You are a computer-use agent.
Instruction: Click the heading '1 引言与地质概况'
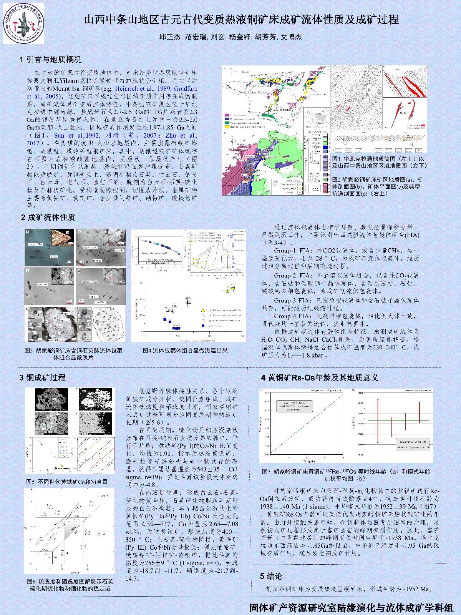tap(50, 60)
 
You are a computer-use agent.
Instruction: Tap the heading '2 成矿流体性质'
tap(48, 218)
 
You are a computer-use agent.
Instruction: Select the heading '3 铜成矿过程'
tap(43, 377)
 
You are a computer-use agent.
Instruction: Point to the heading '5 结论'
tap(271, 576)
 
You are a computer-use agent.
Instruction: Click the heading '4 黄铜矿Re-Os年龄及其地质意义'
tap(320, 377)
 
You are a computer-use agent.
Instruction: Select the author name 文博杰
tap(291, 37)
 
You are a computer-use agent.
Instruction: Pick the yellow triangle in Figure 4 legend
tap(203, 310)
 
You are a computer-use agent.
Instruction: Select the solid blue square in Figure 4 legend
tap(203, 326)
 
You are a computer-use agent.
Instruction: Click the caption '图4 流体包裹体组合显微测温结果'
tap(185, 350)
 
